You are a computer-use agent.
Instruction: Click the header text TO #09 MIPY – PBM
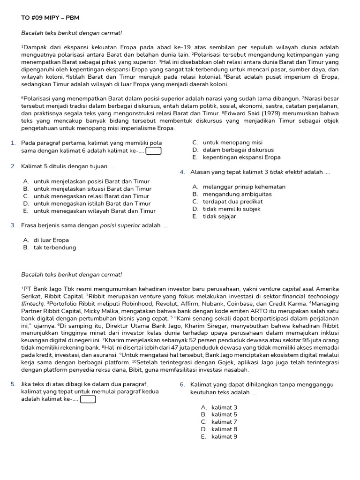click(x=51, y=18)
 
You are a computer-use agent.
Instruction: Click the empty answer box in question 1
click(x=154, y=151)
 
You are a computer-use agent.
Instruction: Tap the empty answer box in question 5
click(x=88, y=399)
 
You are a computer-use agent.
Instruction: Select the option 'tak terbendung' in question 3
click(x=54, y=247)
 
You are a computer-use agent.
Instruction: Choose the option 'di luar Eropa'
click(x=51, y=240)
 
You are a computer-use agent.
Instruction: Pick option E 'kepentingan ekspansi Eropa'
click(x=241, y=157)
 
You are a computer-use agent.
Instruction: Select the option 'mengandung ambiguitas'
click(x=237, y=194)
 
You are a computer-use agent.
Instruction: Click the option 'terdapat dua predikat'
click(x=233, y=202)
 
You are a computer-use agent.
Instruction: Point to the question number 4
click(x=182, y=172)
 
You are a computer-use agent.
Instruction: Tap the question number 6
click(x=182, y=384)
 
